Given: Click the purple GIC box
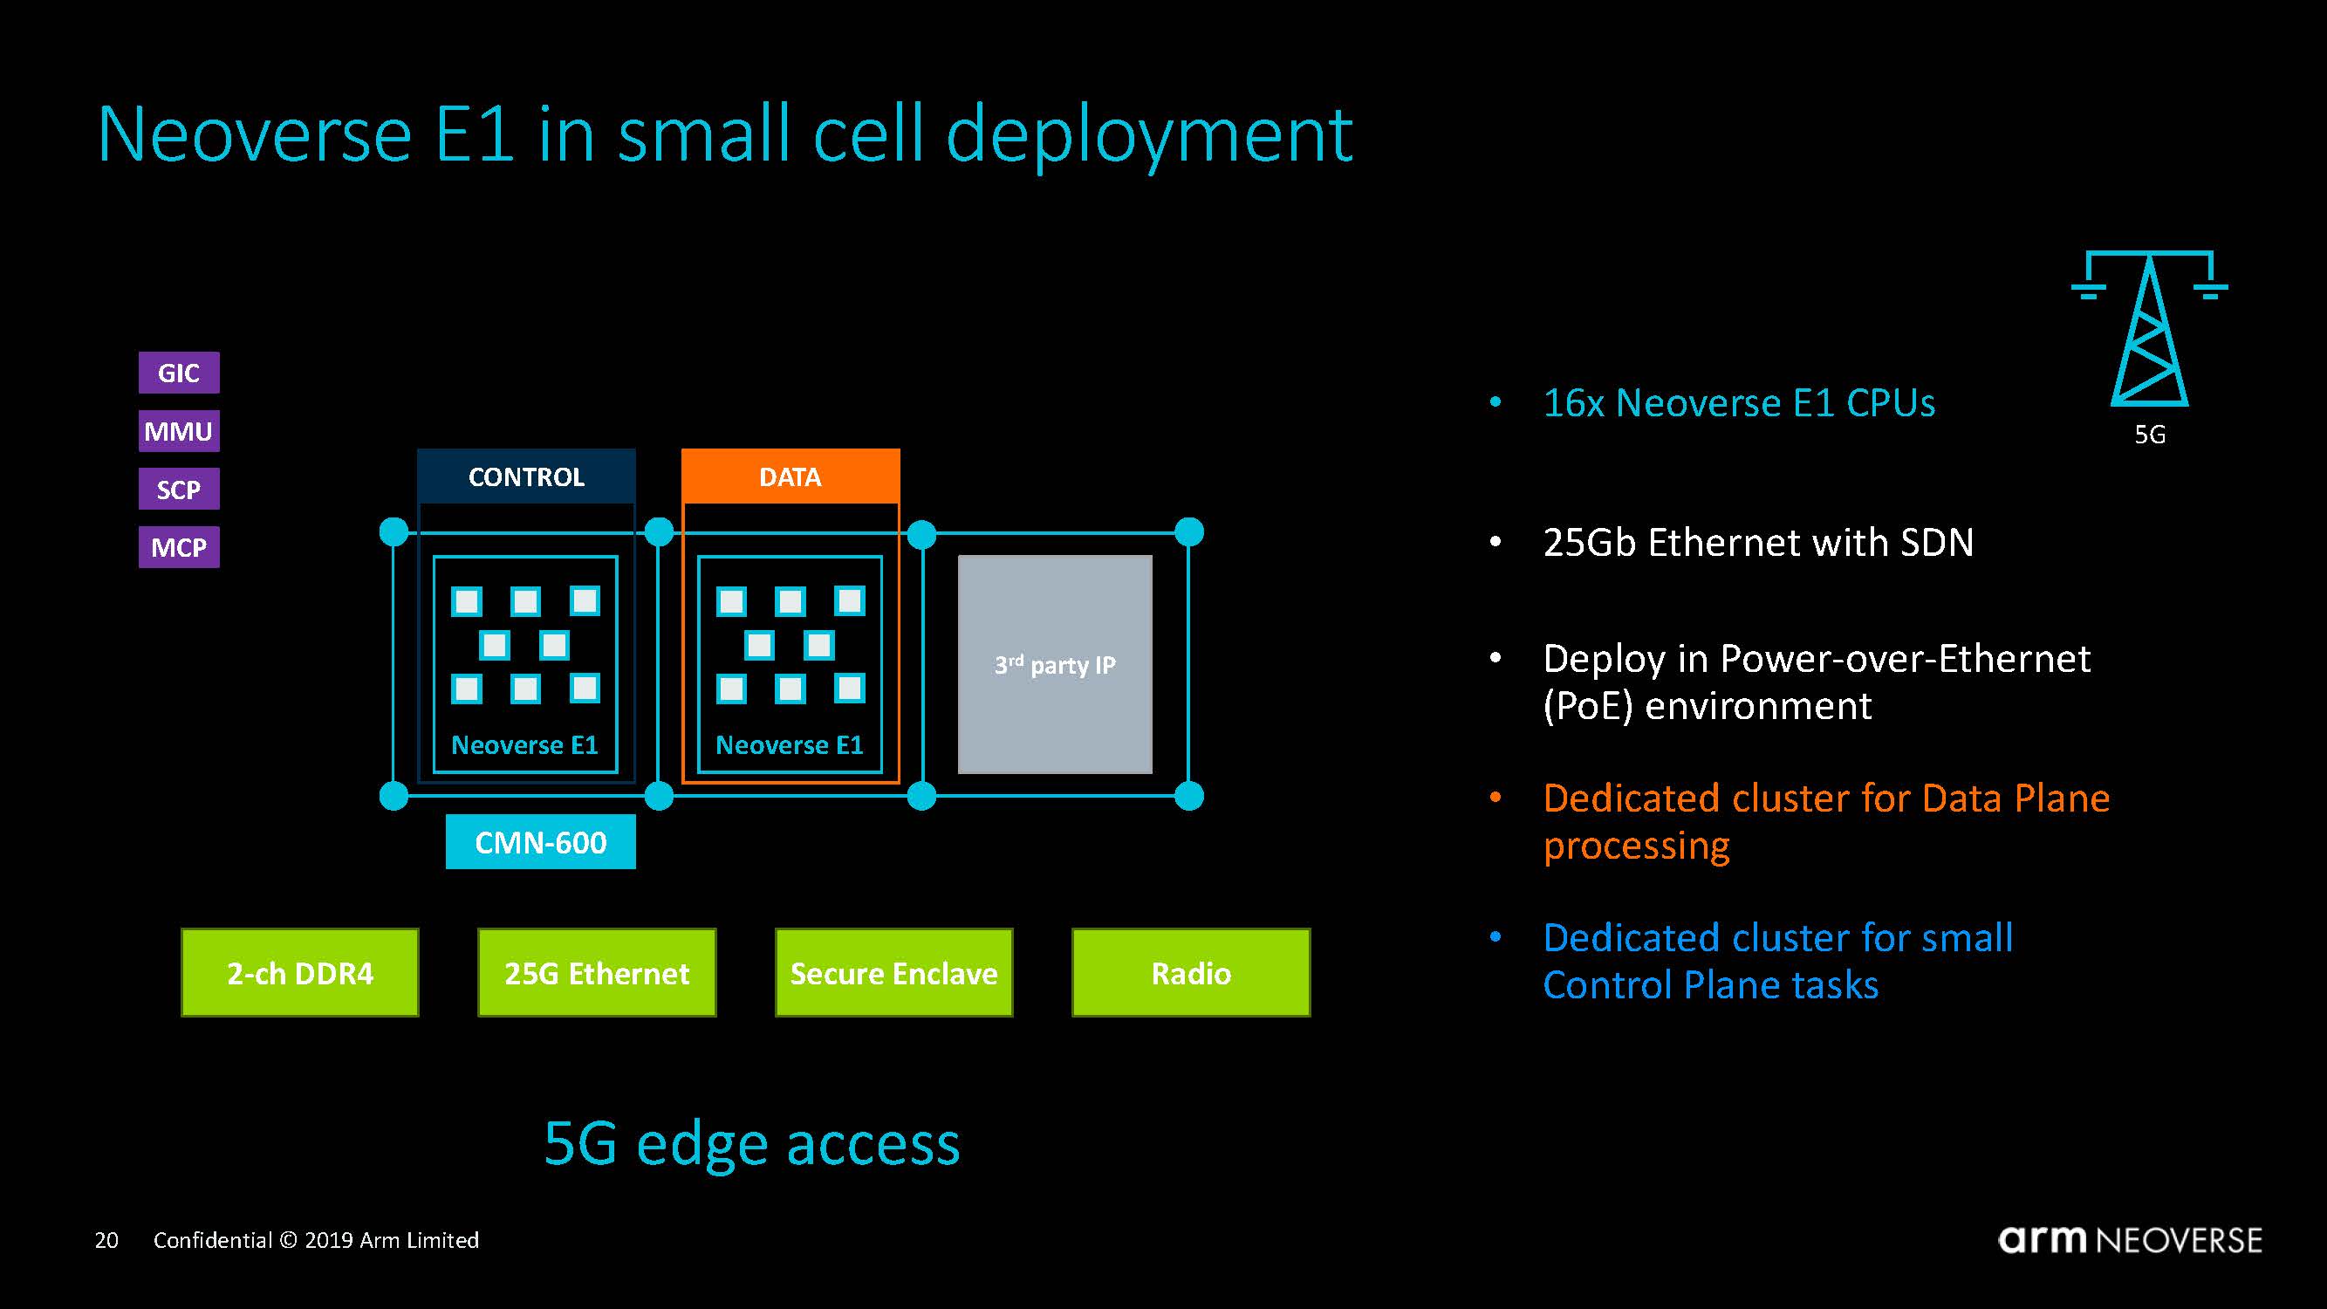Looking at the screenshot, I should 179,373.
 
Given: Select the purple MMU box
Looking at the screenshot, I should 179,431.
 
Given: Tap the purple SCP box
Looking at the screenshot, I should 179,489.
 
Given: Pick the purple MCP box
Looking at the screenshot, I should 179,546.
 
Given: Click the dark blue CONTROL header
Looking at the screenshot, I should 526,476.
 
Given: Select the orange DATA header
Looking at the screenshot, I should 790,476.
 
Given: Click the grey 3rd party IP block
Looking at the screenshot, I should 1054,664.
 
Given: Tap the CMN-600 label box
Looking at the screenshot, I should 540,842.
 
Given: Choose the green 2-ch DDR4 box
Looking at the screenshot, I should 300,973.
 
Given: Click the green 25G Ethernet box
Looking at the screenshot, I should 596,973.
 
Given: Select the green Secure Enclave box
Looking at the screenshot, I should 893,973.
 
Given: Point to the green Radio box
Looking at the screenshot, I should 1191,973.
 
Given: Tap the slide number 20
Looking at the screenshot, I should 106,1240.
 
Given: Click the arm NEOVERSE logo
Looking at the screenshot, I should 2129,1239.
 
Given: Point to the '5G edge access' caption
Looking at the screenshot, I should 751,1143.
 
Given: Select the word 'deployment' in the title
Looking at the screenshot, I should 1149,135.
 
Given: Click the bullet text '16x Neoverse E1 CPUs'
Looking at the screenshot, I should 1739,403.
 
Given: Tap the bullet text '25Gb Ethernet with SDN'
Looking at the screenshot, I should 1758,542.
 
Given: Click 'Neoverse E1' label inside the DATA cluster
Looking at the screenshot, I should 790,744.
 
